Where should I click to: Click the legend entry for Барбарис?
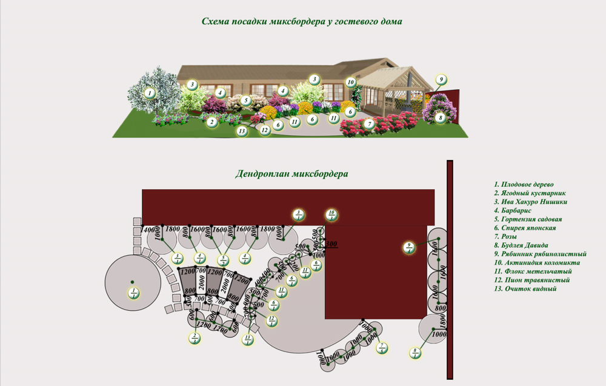click(x=514, y=210)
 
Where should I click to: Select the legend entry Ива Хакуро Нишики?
click(x=531, y=201)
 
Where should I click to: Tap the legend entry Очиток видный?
click(x=525, y=289)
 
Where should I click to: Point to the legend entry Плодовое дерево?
click(x=524, y=184)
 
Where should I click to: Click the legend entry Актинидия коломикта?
click(x=537, y=262)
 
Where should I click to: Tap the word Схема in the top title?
click(x=215, y=21)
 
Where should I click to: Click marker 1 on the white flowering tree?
click(x=150, y=93)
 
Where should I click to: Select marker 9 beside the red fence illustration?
click(x=442, y=79)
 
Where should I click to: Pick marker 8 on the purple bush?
click(x=441, y=118)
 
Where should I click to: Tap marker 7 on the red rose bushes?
click(x=368, y=124)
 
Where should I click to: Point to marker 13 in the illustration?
click(x=242, y=130)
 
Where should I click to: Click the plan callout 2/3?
click(x=195, y=338)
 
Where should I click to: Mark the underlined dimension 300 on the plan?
click(x=331, y=244)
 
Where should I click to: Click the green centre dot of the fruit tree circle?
click(x=131, y=282)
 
